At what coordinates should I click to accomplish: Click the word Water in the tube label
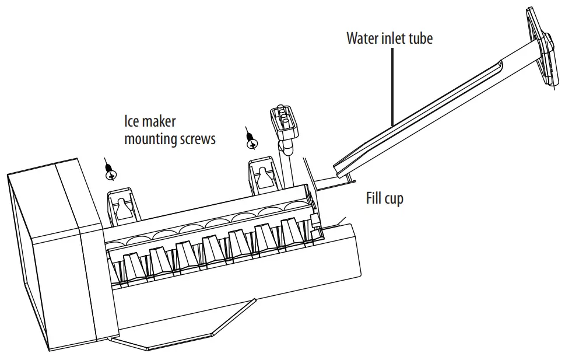point(362,39)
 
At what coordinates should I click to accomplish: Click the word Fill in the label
point(375,198)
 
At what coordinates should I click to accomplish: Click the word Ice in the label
point(132,121)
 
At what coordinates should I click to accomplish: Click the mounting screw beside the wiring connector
point(251,140)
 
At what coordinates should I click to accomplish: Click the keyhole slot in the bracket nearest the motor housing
point(122,205)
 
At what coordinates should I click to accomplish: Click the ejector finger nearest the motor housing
point(134,267)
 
